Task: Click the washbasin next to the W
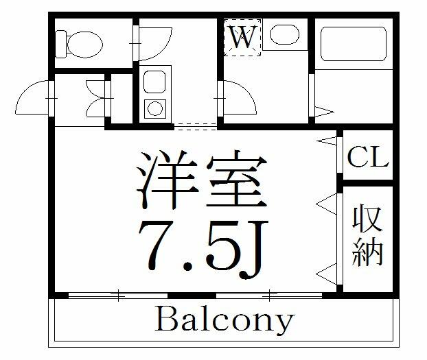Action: (x=282, y=34)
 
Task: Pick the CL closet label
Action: (x=368, y=157)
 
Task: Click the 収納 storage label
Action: (x=367, y=235)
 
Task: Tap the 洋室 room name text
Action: (x=199, y=181)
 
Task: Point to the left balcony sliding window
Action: (x=118, y=296)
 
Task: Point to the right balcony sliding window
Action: (x=270, y=296)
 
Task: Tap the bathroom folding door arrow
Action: (x=324, y=110)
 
